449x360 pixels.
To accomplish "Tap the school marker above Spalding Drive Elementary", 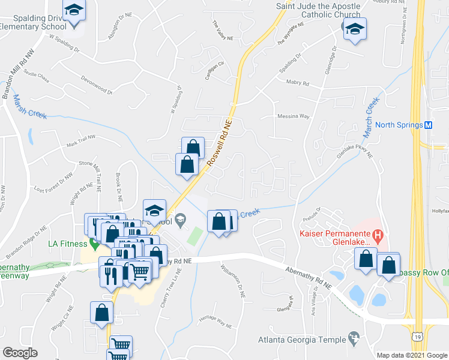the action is pos(74,11).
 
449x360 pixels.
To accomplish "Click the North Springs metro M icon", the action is pos(429,125).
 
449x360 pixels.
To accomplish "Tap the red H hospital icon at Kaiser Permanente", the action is pos(378,235).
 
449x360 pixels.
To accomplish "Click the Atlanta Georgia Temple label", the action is pos(302,340).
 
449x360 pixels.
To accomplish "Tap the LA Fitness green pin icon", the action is pos(94,243).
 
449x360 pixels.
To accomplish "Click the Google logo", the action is pos(20,352).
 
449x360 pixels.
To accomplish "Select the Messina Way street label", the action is pos(293,116).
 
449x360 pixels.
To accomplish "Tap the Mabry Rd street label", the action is pos(296,82).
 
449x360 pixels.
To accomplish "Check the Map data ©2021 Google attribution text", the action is pos(412,355).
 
